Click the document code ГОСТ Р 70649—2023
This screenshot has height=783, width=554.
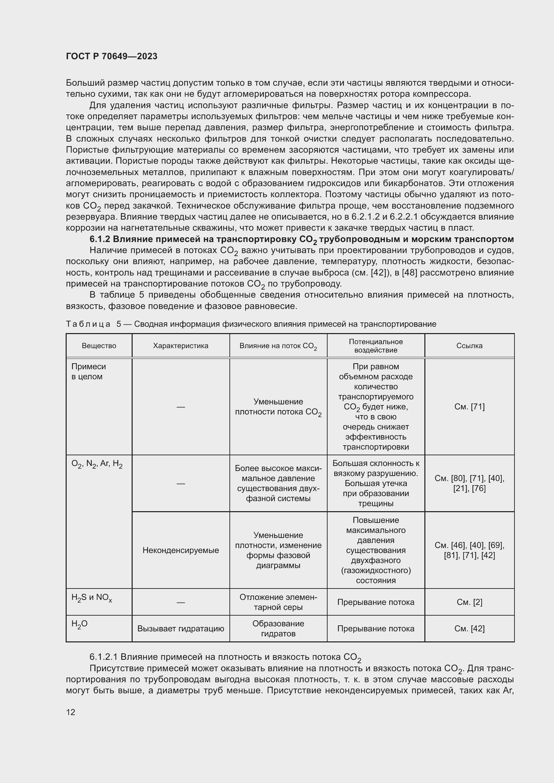[112, 56]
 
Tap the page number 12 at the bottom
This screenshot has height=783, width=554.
[71, 712]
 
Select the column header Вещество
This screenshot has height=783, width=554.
[99, 346]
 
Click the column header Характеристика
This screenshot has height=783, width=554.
[181, 346]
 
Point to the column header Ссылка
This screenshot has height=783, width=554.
[469, 346]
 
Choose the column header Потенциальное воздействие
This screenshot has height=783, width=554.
[375, 346]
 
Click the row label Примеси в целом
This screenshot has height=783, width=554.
[89, 371]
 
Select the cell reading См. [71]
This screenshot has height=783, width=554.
[469, 406]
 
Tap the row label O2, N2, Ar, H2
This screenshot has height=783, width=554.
[97, 464]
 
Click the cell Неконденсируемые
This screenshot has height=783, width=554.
[181, 550]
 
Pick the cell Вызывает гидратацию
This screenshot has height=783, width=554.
[181, 629]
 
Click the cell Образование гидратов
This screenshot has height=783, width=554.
[278, 629]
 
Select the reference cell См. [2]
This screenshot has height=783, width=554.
[469, 602]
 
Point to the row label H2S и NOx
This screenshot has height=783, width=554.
[91, 598]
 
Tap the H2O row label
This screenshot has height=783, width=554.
[79, 624]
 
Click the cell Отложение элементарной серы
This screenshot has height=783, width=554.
[278, 602]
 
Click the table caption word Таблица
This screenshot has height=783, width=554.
[88, 324]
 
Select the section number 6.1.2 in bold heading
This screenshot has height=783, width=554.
[99, 239]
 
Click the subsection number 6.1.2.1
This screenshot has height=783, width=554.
[104, 657]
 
